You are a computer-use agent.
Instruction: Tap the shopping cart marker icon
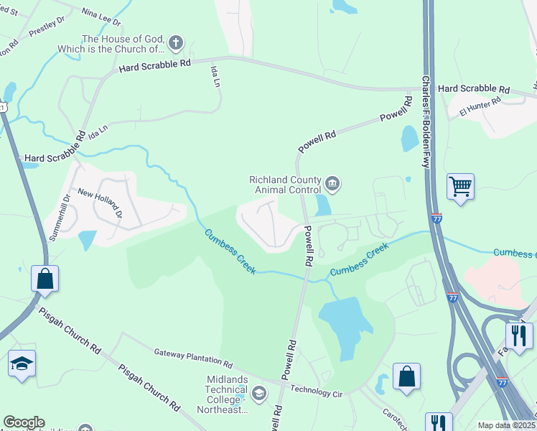pos(460,187)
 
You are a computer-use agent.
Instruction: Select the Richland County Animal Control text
pos(285,185)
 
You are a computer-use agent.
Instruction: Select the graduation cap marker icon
pos(21,363)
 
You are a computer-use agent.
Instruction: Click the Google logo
pos(24,422)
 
